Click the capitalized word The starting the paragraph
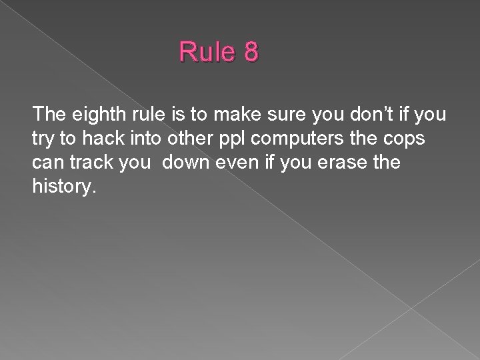click(x=49, y=116)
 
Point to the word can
click(x=46, y=163)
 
